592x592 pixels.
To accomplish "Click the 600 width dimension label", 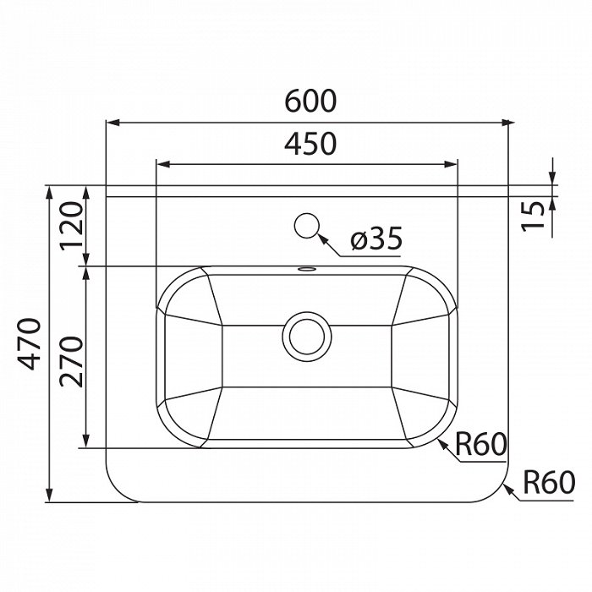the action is point(310,101).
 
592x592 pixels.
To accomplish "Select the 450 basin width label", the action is point(310,144).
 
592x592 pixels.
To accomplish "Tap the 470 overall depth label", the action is point(30,344).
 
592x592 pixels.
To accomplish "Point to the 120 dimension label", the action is point(71,226).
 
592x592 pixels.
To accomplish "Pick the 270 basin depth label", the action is point(71,362).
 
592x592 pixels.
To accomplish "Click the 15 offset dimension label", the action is point(533,216).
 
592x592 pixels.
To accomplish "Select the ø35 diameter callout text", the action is point(376,238).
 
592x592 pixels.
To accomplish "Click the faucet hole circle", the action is point(307,226).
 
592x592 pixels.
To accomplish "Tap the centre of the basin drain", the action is point(307,337).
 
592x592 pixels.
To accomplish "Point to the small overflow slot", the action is point(307,269).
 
